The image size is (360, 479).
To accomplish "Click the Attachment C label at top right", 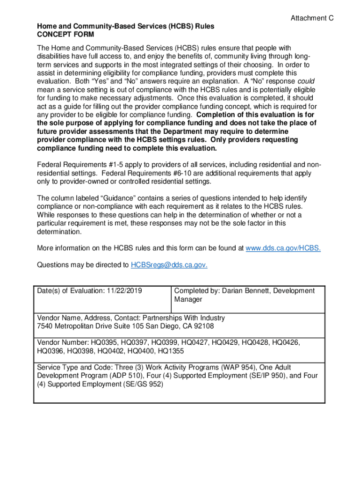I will pyautogui.click(x=312, y=18).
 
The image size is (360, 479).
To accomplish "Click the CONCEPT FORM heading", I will pyautogui.click(x=65, y=35).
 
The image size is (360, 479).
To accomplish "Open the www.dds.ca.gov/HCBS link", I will pyautogui.click(x=283, y=248).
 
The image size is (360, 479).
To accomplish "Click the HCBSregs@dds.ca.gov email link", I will pyautogui.click(x=169, y=265).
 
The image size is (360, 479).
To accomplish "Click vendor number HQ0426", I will pyautogui.click(x=286, y=342).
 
